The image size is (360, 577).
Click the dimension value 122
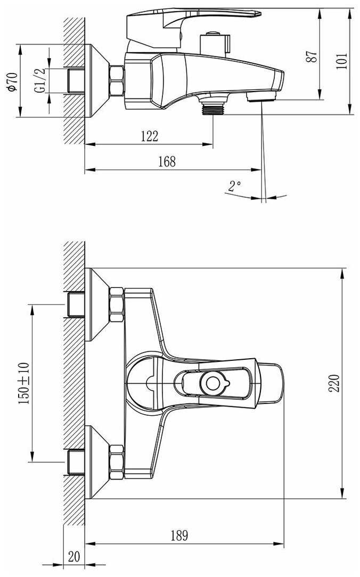click(150, 136)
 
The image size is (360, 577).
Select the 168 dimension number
click(167, 161)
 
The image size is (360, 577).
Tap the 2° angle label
click(234, 186)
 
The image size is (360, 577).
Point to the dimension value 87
click(312, 56)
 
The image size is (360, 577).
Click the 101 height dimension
click(342, 61)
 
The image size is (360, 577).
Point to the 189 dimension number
click(179, 535)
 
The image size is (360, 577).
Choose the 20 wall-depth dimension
click(74, 556)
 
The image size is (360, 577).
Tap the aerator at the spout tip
click(261, 97)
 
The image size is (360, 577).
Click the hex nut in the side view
click(117, 80)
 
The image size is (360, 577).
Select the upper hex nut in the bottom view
click(117, 305)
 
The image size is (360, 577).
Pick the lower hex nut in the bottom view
click(117, 462)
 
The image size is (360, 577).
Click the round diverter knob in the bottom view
click(214, 383)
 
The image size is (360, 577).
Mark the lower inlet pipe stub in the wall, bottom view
click(76, 462)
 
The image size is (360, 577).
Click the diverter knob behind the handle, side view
click(215, 44)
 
